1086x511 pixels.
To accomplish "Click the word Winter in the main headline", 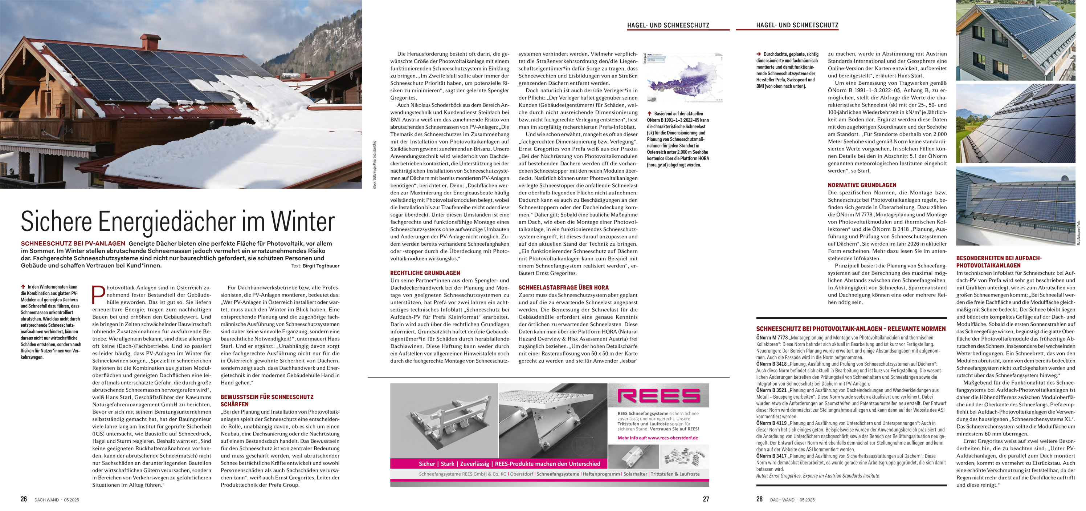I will (302, 222).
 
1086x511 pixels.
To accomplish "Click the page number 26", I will (24, 499).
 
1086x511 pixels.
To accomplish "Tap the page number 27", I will (706, 499).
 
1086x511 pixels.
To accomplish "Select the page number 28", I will (759, 499).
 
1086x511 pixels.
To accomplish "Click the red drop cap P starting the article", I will (98, 294).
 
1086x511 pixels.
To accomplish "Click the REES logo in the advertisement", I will (658, 395).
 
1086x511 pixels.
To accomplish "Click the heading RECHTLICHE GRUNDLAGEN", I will (425, 273).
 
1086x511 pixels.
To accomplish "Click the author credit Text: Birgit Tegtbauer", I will (315, 266).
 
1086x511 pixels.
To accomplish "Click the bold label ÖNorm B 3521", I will (771, 390).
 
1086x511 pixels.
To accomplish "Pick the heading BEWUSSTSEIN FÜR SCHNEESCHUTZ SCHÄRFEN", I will (267, 401).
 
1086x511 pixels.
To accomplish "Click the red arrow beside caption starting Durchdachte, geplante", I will (759, 54).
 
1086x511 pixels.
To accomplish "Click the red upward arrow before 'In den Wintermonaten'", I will (23, 287).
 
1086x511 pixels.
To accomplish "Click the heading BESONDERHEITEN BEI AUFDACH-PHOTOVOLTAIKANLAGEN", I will (998, 262).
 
